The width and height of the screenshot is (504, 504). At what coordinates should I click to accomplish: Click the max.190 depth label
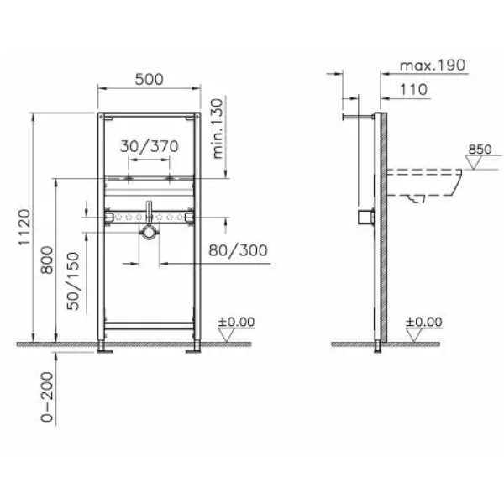point(432,65)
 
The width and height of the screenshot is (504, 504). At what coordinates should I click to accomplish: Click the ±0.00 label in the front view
point(236,321)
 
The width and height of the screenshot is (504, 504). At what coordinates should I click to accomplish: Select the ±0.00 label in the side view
point(424,321)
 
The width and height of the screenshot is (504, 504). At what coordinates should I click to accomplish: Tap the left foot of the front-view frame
point(103,345)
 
